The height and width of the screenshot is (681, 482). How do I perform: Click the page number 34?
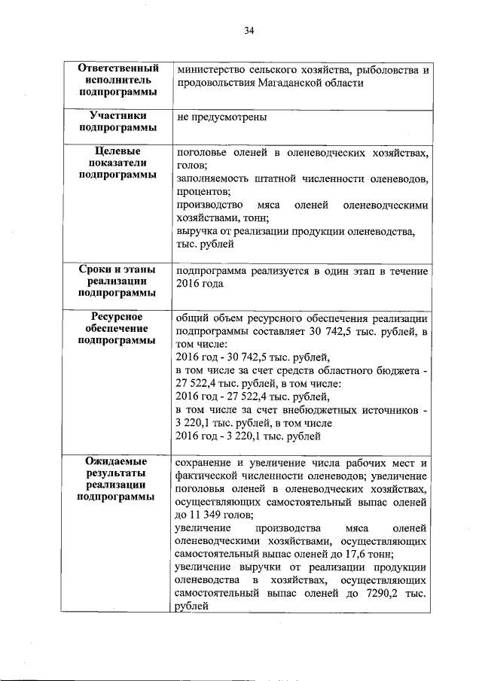[x=249, y=31]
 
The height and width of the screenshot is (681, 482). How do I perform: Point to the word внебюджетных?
[x=333, y=409]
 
